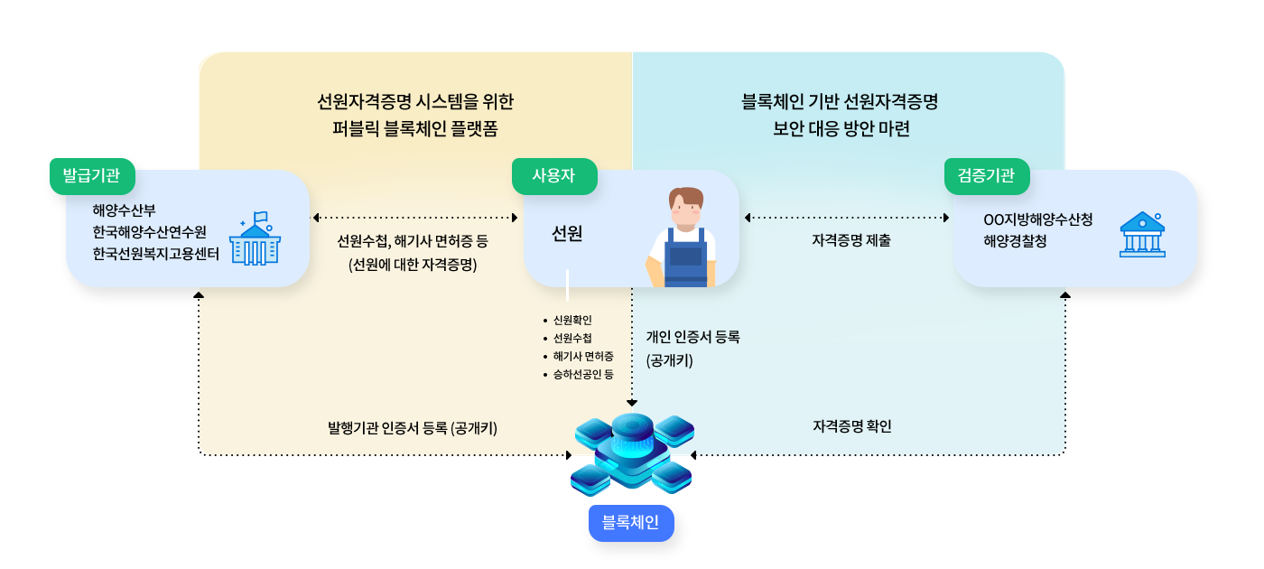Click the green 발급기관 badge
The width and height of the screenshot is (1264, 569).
point(92,176)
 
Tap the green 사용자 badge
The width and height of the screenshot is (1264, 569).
point(554,176)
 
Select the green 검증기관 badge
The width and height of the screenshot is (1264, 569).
point(987,176)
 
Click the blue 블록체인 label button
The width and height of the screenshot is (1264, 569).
point(631,523)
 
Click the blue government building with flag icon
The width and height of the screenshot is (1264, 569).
point(255,238)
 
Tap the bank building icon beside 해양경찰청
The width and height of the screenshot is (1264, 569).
point(1142,235)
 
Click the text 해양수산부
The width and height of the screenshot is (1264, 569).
point(125,210)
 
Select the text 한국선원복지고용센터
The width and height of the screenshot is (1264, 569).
point(155,254)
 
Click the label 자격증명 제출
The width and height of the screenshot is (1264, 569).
point(850,240)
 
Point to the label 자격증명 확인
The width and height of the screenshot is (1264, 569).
point(852,426)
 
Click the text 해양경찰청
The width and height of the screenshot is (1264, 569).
point(1015,241)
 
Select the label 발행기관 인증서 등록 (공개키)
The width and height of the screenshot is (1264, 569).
point(413,428)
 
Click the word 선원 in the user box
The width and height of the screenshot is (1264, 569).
point(567,233)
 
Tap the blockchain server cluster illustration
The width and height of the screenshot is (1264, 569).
point(632,454)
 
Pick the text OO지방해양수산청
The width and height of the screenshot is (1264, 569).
point(1038,219)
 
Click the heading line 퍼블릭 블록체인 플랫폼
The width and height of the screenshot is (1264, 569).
point(414,128)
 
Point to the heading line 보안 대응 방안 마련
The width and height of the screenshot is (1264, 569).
point(841,128)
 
